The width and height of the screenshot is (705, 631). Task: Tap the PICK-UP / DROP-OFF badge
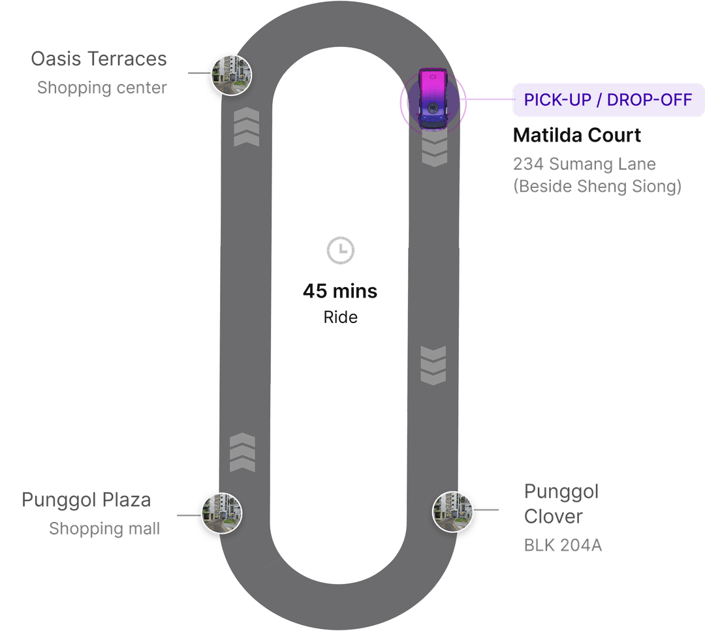[608, 100]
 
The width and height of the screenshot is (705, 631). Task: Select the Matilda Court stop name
[577, 135]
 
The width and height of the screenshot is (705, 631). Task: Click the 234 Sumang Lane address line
[585, 164]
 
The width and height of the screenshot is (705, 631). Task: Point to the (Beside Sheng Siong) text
[597, 187]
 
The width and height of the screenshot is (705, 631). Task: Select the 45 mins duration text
[339, 291]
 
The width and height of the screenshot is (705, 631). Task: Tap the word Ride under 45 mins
[340, 318]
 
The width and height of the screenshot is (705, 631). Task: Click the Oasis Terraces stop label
[99, 59]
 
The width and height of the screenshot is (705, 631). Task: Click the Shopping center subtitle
[102, 87]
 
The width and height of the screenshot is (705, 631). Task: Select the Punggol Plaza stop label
[86, 500]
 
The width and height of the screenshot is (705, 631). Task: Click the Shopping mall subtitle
[104, 529]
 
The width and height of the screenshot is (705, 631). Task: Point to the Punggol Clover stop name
[561, 504]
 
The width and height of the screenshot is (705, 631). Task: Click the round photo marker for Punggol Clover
[452, 510]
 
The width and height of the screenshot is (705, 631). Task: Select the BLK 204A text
[563, 546]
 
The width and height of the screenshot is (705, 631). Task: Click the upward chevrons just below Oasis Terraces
[247, 128]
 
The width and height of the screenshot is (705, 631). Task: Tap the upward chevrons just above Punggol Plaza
[242, 452]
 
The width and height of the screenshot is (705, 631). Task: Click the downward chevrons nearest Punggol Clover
[433, 365]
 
